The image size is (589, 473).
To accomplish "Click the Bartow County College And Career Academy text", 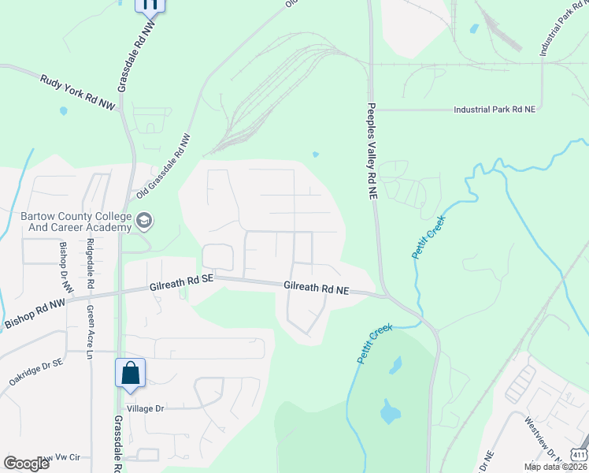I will coord(73,222).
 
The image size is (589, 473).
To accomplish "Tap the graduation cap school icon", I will coord(143,221).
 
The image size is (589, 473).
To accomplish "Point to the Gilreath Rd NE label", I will coord(317,289).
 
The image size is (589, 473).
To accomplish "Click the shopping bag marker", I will coord(130,373).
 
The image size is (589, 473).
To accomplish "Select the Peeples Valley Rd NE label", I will coord(371,154).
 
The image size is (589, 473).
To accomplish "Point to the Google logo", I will coord(26,464).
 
